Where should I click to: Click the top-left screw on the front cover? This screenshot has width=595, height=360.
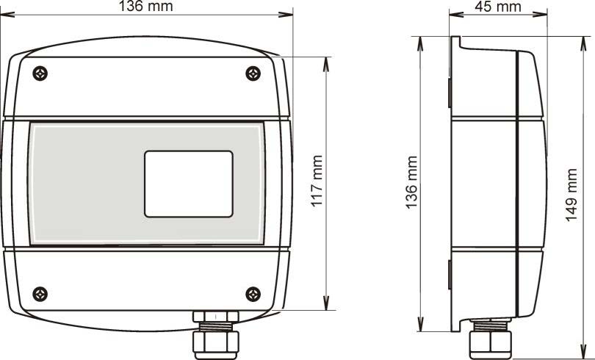point(40,73)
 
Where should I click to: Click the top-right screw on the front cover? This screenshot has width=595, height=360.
point(253,73)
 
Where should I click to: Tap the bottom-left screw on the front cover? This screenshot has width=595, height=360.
point(40,295)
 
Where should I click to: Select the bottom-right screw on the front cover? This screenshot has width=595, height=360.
point(253,295)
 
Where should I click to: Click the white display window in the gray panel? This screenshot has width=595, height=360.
point(189,184)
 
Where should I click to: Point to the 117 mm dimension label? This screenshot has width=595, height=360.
point(317,181)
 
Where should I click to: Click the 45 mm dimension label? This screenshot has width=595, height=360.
point(498,7)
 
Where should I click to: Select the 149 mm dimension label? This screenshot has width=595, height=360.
point(571,195)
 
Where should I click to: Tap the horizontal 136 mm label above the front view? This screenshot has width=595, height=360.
point(146,6)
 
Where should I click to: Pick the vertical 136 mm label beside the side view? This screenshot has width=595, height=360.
point(411,182)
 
